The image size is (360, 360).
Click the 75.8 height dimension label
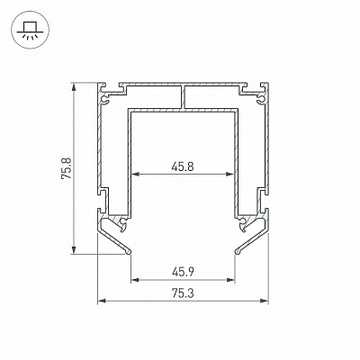67,168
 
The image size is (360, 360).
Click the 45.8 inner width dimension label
183,166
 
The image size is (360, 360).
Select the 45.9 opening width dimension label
183,272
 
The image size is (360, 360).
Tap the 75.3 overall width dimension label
183,293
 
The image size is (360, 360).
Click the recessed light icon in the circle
29,30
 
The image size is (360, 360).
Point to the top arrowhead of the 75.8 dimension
74,86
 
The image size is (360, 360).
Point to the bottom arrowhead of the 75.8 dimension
74,249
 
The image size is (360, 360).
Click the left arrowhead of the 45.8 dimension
137,174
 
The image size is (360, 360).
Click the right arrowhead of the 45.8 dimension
229,174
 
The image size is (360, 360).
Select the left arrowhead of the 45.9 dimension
136,280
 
